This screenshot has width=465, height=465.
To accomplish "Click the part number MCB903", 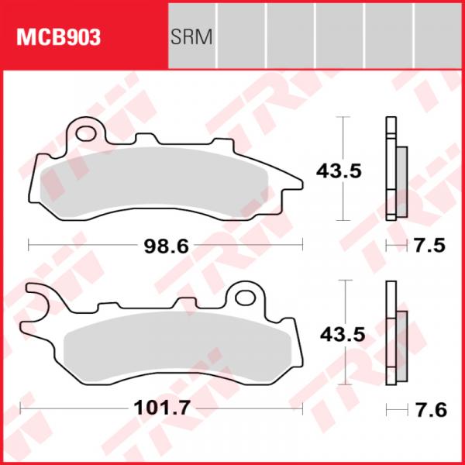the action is (x=58, y=37).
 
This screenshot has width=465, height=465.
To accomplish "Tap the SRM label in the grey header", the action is (x=191, y=37).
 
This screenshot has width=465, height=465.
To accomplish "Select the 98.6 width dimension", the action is (x=166, y=246).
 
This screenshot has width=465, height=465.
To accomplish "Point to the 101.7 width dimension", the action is (x=162, y=408).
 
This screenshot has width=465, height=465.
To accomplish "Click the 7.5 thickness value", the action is (x=429, y=246).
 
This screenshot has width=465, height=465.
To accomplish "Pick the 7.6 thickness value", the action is (x=431, y=410).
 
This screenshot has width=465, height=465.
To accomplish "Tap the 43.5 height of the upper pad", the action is (x=339, y=171).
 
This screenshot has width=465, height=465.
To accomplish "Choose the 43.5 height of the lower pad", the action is (x=343, y=335).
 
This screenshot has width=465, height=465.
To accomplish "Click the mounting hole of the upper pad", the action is (x=86, y=133).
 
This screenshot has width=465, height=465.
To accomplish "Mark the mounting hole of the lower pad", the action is (x=245, y=298).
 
